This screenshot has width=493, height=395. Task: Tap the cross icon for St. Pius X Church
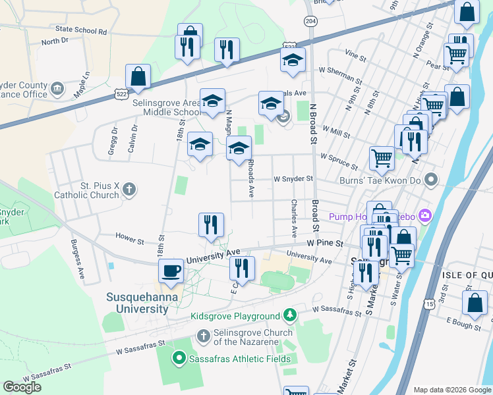click(x=129, y=190)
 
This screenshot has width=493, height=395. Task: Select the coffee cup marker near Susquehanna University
click(x=171, y=271)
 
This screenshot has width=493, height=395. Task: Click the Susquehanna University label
click(x=137, y=303)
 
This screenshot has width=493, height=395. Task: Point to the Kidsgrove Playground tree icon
click(x=289, y=316)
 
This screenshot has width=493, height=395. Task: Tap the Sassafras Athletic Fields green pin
click(x=177, y=358)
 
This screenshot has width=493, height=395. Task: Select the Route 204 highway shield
click(x=310, y=22)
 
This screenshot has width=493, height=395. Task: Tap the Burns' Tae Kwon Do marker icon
click(x=431, y=179)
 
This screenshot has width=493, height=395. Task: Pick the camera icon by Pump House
click(x=424, y=215)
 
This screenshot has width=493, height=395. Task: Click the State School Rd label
click(x=81, y=30)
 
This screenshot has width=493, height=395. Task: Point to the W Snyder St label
click(x=293, y=178)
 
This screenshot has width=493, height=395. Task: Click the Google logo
click(x=22, y=387)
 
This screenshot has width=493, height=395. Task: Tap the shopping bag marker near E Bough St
click(x=475, y=303)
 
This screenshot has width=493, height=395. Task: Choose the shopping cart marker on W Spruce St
click(x=381, y=158)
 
